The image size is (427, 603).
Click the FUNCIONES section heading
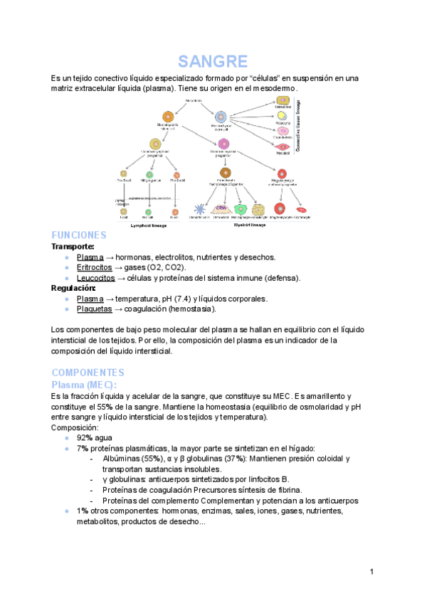pos(79,235)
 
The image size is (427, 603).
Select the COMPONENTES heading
pos(88,373)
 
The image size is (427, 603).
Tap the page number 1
pos(372,572)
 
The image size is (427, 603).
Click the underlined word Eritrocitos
pos(95,267)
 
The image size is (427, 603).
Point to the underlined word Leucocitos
pos(95,278)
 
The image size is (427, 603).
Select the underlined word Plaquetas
pos(95,309)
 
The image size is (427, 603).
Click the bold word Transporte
pos(73,246)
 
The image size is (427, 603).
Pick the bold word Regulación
pos(73,288)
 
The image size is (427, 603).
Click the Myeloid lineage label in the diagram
pos(250,224)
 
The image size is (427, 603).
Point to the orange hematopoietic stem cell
pos(168,116)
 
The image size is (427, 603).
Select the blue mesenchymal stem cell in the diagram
pos(221,116)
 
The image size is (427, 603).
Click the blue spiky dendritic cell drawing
pos(200,209)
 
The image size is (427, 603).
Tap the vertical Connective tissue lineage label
pos(307,126)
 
